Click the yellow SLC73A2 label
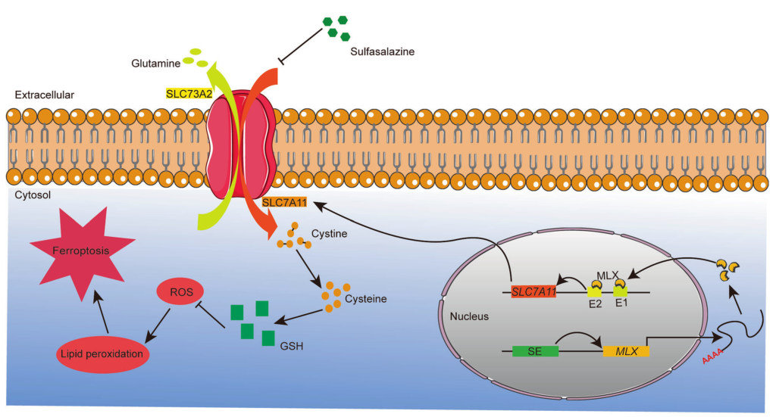pos(189,95)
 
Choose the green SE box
pos(536,350)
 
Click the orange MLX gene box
pos(626,350)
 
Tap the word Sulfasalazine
pos(383,51)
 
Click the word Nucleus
pos(470,316)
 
